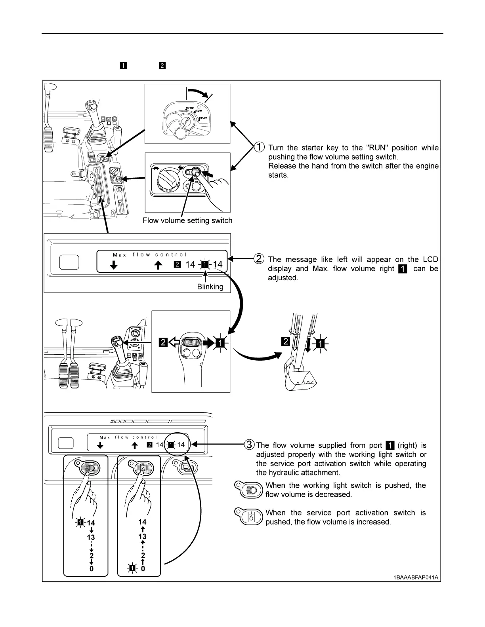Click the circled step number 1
[x=259, y=147]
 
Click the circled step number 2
[x=259, y=259]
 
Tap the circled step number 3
[x=249, y=445]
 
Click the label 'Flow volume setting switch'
[x=187, y=220]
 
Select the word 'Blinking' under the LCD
[x=210, y=287]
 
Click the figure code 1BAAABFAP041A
[x=416, y=577]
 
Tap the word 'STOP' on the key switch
[x=190, y=108]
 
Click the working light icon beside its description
[x=248, y=490]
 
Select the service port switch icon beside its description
[x=248, y=517]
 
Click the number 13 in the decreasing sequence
[x=91, y=538]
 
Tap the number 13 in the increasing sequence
[x=142, y=537]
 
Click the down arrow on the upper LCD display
[x=114, y=265]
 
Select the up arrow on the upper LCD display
[x=158, y=265]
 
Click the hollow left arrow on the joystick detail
[x=174, y=342]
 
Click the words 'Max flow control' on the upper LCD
[x=150, y=255]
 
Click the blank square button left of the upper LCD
[x=69, y=262]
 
